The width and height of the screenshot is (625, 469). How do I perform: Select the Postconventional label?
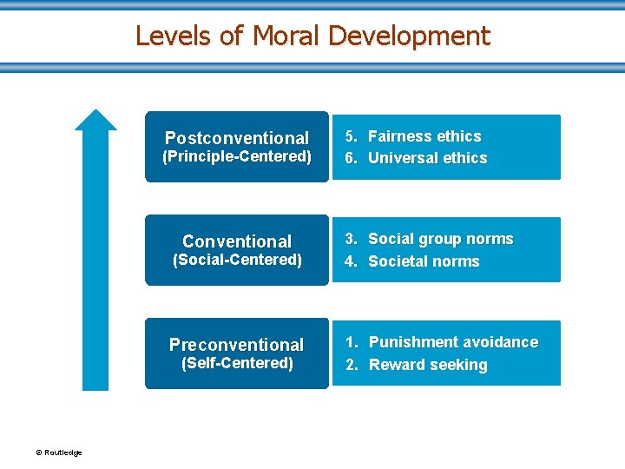tap(236, 138)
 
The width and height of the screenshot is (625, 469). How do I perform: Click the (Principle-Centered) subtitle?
tap(237, 157)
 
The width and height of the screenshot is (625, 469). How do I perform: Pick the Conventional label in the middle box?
tap(237, 241)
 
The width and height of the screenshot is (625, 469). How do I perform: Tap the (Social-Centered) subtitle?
tap(237, 260)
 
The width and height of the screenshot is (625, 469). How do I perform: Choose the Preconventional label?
tap(237, 345)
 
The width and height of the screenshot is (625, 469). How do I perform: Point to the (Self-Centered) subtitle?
tap(237, 363)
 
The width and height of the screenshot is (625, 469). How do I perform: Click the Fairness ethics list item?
tap(424, 136)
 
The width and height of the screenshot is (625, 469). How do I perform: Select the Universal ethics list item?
tap(427, 158)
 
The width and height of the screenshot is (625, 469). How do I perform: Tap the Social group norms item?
tap(440, 239)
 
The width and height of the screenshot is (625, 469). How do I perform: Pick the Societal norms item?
tap(424, 261)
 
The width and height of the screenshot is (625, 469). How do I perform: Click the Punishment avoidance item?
tap(453, 342)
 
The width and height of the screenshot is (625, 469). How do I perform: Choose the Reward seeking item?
tap(428, 365)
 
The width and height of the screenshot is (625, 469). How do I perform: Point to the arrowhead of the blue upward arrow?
tap(95, 120)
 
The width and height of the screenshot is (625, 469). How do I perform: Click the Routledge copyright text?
tap(58, 452)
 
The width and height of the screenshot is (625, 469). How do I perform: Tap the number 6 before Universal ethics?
tap(350, 158)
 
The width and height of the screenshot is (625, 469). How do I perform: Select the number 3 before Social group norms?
tap(350, 239)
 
